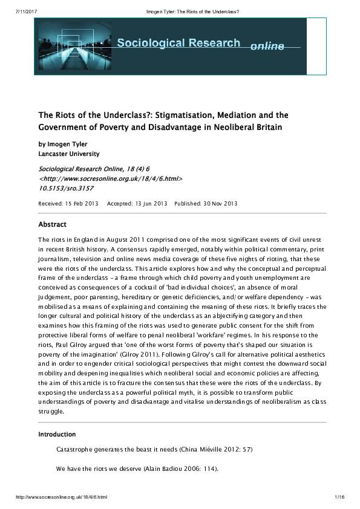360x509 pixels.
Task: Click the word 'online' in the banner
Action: tap(267, 47)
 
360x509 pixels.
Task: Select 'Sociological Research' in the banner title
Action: tap(178, 44)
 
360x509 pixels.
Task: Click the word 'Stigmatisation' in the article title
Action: tap(200, 115)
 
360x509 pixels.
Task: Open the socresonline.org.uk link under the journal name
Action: tap(111, 180)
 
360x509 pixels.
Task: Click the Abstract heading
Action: tap(53, 224)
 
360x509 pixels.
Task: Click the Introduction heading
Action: tap(57, 435)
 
